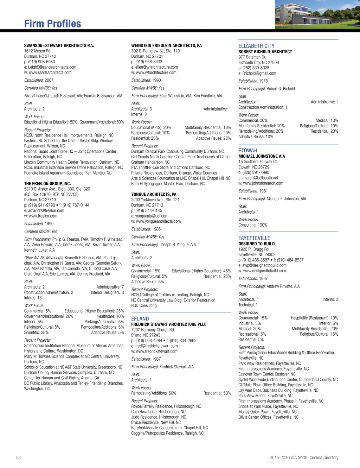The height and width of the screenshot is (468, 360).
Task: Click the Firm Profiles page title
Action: tap(52, 24)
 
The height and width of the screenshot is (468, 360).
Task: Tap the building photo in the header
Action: tap(317, 14)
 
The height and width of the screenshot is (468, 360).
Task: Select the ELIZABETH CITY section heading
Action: tap(256, 46)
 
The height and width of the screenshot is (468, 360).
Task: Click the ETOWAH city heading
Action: tap(248, 151)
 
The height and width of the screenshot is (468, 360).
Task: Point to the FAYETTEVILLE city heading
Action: tap(254, 238)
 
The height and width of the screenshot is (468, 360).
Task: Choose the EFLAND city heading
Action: tap(140, 319)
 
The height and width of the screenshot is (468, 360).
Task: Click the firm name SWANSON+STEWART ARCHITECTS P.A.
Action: tap(59, 46)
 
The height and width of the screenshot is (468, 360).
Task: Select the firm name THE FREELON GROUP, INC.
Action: tap(47, 184)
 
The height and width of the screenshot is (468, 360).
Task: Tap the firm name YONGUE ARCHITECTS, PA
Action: tap(154, 194)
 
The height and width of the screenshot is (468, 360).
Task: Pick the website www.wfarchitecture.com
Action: tap(156, 72)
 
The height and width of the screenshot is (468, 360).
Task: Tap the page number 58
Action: tap(18, 457)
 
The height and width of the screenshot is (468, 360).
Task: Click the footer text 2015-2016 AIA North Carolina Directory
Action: tap(304, 457)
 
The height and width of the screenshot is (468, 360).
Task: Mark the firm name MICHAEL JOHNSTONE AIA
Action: tap(262, 156)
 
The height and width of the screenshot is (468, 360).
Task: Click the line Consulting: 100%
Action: tap(253, 225)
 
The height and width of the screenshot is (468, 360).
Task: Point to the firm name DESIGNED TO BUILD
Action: tap(257, 244)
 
